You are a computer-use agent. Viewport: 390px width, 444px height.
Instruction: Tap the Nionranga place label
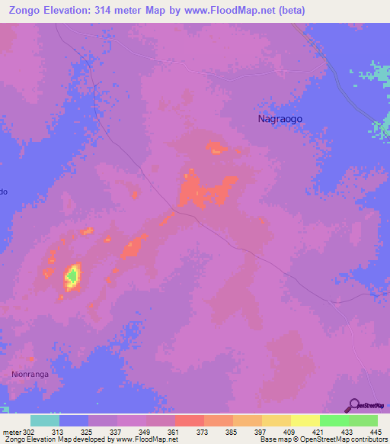pos(30,374)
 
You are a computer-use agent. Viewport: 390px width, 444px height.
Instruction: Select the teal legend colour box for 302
pos(45,420)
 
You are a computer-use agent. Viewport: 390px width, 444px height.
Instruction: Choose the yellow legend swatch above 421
pos(305,420)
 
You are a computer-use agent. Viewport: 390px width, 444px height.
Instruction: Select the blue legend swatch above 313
pos(74,420)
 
